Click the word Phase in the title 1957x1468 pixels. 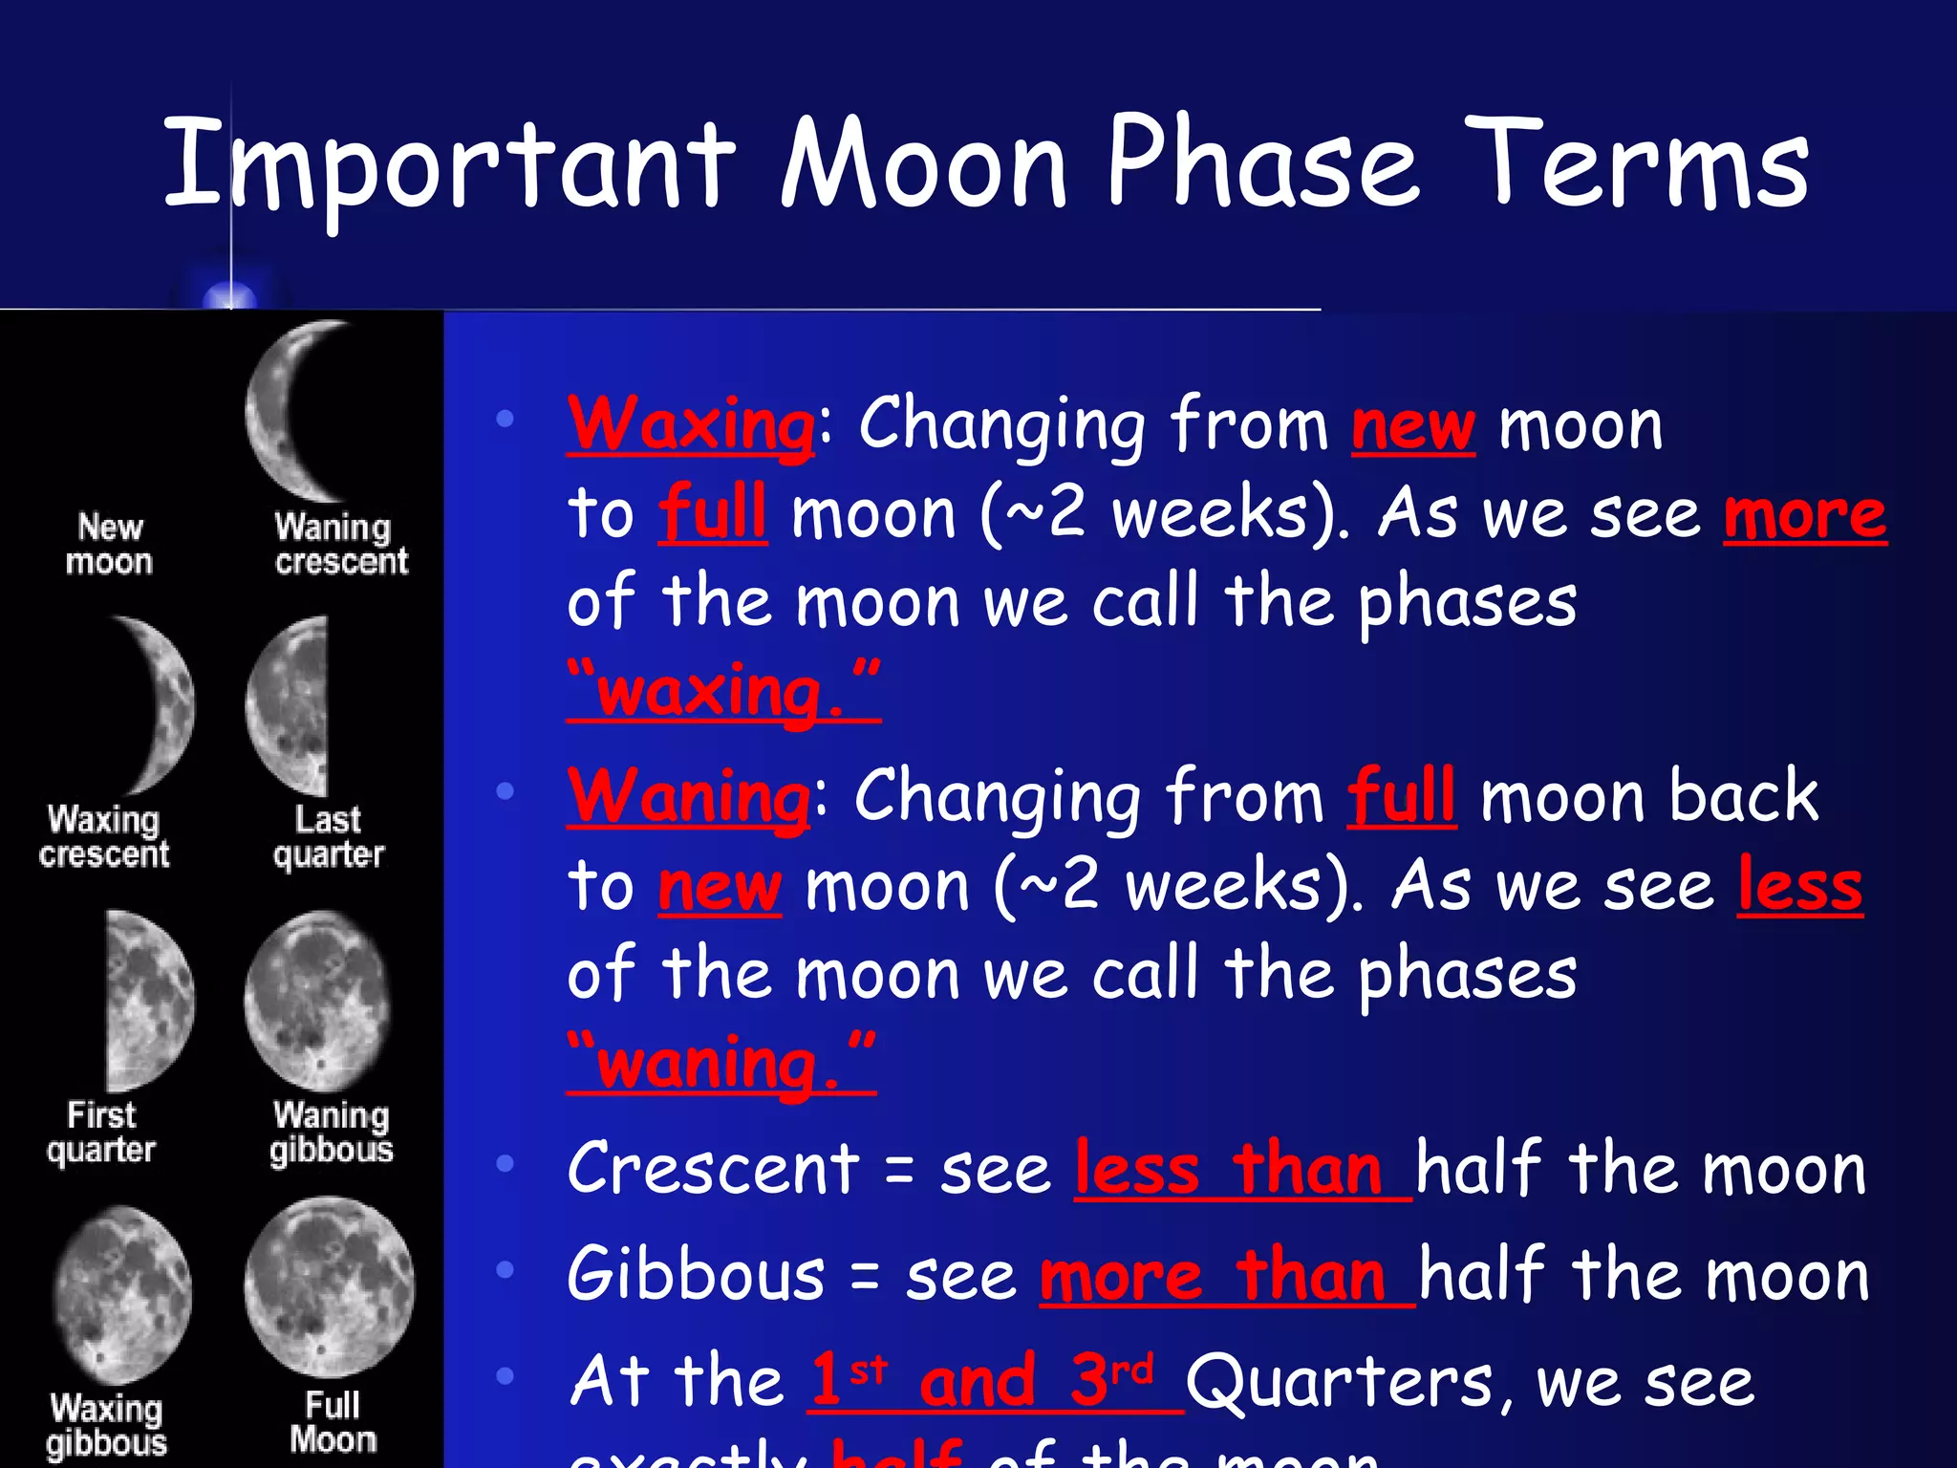pyautogui.click(x=1261, y=162)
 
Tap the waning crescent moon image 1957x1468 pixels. pyautogui.click(x=296, y=411)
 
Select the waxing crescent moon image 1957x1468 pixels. pyautogui.click(x=158, y=705)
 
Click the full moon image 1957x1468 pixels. pyautogui.click(x=329, y=1286)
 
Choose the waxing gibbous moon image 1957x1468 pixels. pyautogui.click(x=122, y=1294)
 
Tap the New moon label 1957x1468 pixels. pyautogui.click(x=109, y=544)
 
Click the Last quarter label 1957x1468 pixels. pyautogui.click(x=328, y=836)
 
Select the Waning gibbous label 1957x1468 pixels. pyautogui.click(x=331, y=1132)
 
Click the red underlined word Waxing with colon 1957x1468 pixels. pyautogui.click(x=692, y=425)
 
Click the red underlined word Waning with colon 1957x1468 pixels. pyautogui.click(x=689, y=797)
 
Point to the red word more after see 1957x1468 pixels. pyautogui.click(x=1804, y=516)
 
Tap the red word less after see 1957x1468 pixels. pyautogui.click(x=1799, y=887)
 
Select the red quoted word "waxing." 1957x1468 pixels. pyautogui.click(x=723, y=691)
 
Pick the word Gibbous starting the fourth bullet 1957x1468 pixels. pyautogui.click(x=696, y=1275)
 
